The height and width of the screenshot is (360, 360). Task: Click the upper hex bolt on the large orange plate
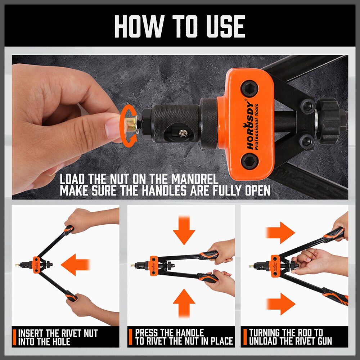[249, 88]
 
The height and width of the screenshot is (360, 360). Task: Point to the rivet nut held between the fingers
[129, 124]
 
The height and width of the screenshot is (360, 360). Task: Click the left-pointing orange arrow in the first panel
[75, 265]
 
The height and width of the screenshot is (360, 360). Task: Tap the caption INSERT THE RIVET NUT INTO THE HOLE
[58, 337]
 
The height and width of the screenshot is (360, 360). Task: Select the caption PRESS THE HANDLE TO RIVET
[184, 337]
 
